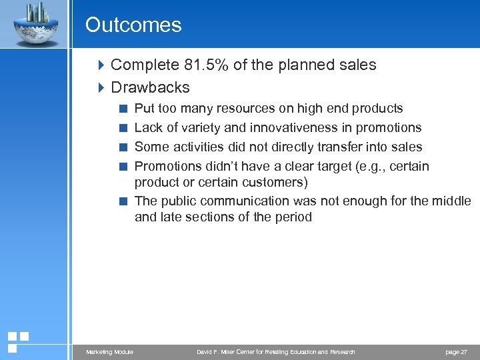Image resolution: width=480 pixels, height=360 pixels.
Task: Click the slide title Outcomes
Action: tap(133, 25)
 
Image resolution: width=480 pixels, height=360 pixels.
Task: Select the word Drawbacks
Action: tap(150, 88)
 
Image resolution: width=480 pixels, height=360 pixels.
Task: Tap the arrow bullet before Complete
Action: tap(101, 65)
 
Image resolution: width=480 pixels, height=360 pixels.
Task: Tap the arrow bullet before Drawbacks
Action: tap(101, 88)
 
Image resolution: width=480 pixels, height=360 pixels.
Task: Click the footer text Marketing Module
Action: tap(109, 352)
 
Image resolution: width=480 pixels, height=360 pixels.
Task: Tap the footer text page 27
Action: tap(455, 352)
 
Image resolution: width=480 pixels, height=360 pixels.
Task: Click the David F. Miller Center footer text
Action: tap(276, 352)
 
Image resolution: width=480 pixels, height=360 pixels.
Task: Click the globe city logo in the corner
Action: tap(34, 24)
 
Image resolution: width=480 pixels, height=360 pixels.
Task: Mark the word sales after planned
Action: tap(358, 65)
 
